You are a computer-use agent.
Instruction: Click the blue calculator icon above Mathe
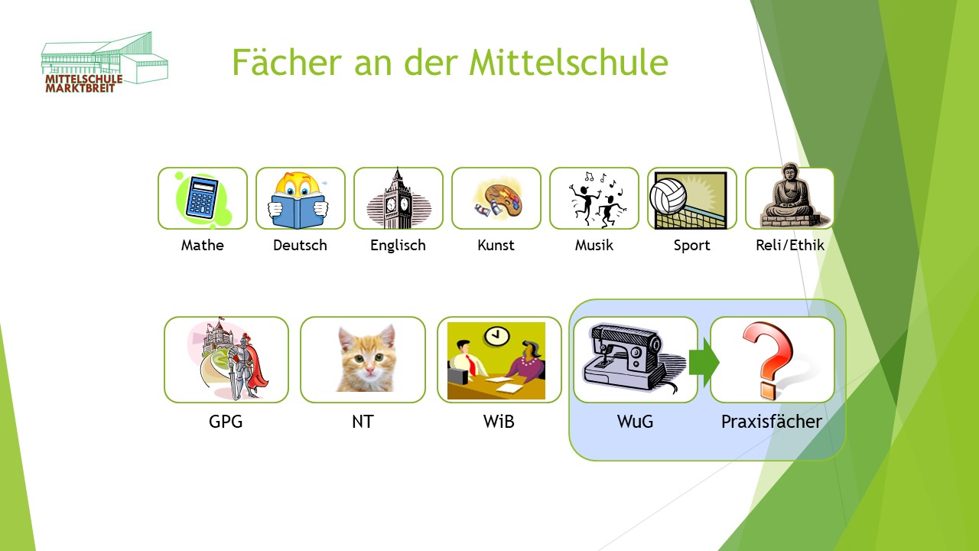pyautogui.click(x=203, y=197)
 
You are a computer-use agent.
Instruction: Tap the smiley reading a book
pyautogui.click(x=298, y=200)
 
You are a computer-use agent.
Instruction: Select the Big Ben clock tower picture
pyautogui.click(x=398, y=198)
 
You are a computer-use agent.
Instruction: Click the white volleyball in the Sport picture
pyautogui.click(x=668, y=197)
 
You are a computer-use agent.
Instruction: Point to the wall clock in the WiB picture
pyautogui.click(x=497, y=336)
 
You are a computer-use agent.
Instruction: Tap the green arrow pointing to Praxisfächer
pyautogui.click(x=704, y=362)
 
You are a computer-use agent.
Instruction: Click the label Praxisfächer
pyautogui.click(x=772, y=422)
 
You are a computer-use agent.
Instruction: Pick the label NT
pyautogui.click(x=363, y=422)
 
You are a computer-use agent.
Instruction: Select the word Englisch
pyautogui.click(x=398, y=246)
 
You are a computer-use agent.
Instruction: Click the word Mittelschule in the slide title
pyautogui.click(x=568, y=62)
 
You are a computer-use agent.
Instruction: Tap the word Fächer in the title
pyautogui.click(x=287, y=62)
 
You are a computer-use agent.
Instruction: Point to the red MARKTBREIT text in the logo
pyautogui.click(x=80, y=88)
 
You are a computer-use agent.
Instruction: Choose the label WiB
pyautogui.click(x=499, y=422)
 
